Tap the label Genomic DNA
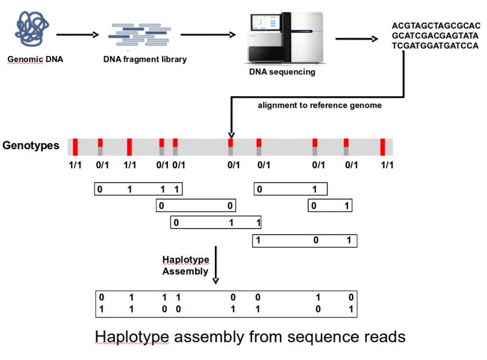click(x=35, y=60)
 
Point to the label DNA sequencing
click(x=282, y=72)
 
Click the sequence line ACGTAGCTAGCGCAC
click(x=436, y=26)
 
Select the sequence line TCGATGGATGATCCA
click(x=436, y=46)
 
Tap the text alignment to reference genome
click(x=320, y=105)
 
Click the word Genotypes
click(x=31, y=146)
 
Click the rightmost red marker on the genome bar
click(x=383, y=147)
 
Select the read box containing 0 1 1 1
click(x=138, y=189)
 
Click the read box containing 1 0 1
click(x=304, y=241)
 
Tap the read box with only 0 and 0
click(x=195, y=206)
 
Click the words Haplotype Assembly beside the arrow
click(x=186, y=266)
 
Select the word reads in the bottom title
click(x=381, y=336)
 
